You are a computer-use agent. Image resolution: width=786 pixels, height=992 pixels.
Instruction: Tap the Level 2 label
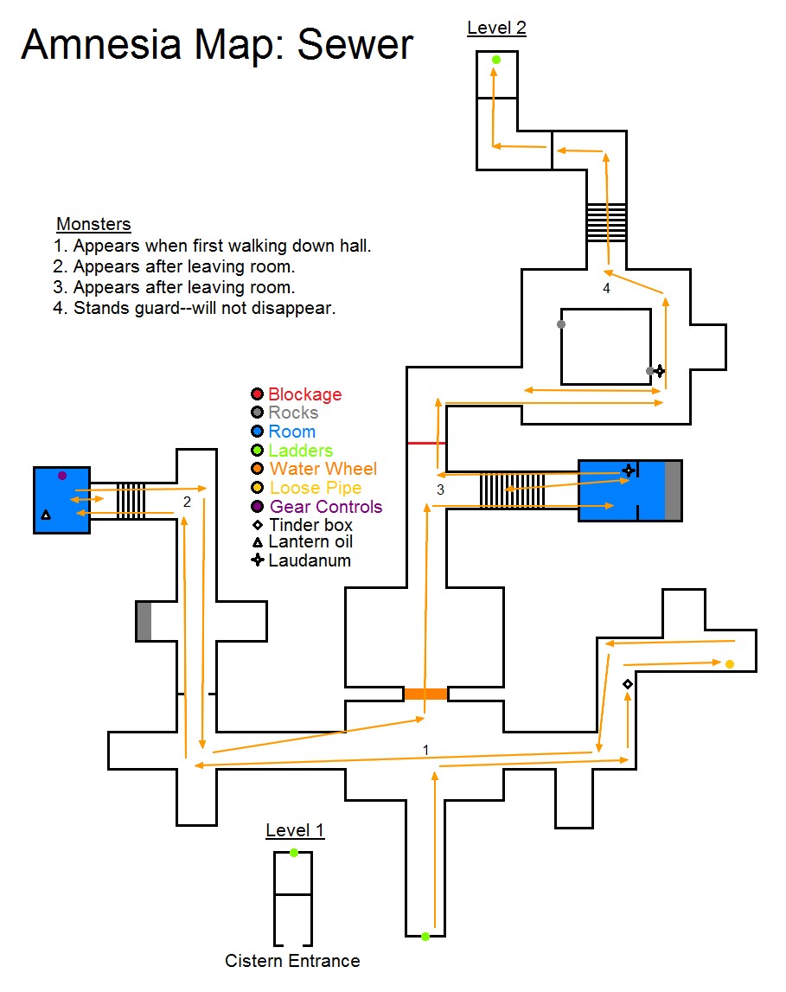(496, 28)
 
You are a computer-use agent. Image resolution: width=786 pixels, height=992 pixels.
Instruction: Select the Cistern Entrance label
(292, 960)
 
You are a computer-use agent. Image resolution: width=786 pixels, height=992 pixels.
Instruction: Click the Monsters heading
(93, 225)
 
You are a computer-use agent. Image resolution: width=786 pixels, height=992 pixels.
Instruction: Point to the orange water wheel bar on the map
(425, 694)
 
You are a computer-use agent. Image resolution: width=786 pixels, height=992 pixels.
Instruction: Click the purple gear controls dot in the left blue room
(61, 476)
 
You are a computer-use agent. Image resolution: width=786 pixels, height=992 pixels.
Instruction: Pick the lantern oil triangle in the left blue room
(46, 515)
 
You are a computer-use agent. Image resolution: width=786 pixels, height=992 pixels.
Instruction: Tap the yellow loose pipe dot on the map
(729, 664)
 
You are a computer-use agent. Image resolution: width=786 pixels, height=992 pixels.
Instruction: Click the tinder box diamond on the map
(628, 684)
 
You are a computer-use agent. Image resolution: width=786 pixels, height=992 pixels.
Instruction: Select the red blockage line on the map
(426, 443)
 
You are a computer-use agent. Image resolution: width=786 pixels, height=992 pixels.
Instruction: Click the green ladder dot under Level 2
(496, 60)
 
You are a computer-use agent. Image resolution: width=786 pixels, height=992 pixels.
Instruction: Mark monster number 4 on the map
(606, 289)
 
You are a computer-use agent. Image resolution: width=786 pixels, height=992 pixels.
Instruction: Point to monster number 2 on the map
(186, 502)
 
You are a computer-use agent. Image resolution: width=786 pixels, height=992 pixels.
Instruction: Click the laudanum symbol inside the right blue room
(629, 470)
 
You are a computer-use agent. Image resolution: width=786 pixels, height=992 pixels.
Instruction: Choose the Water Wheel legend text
(323, 469)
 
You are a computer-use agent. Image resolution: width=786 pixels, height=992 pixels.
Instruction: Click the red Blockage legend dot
(257, 394)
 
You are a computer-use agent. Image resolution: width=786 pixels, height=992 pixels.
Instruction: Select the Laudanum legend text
(310, 560)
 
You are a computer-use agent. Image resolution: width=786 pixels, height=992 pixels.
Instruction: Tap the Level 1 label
(295, 831)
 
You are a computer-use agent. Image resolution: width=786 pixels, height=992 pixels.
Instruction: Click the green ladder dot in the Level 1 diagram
(294, 853)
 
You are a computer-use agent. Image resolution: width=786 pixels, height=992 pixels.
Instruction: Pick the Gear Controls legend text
(326, 507)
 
